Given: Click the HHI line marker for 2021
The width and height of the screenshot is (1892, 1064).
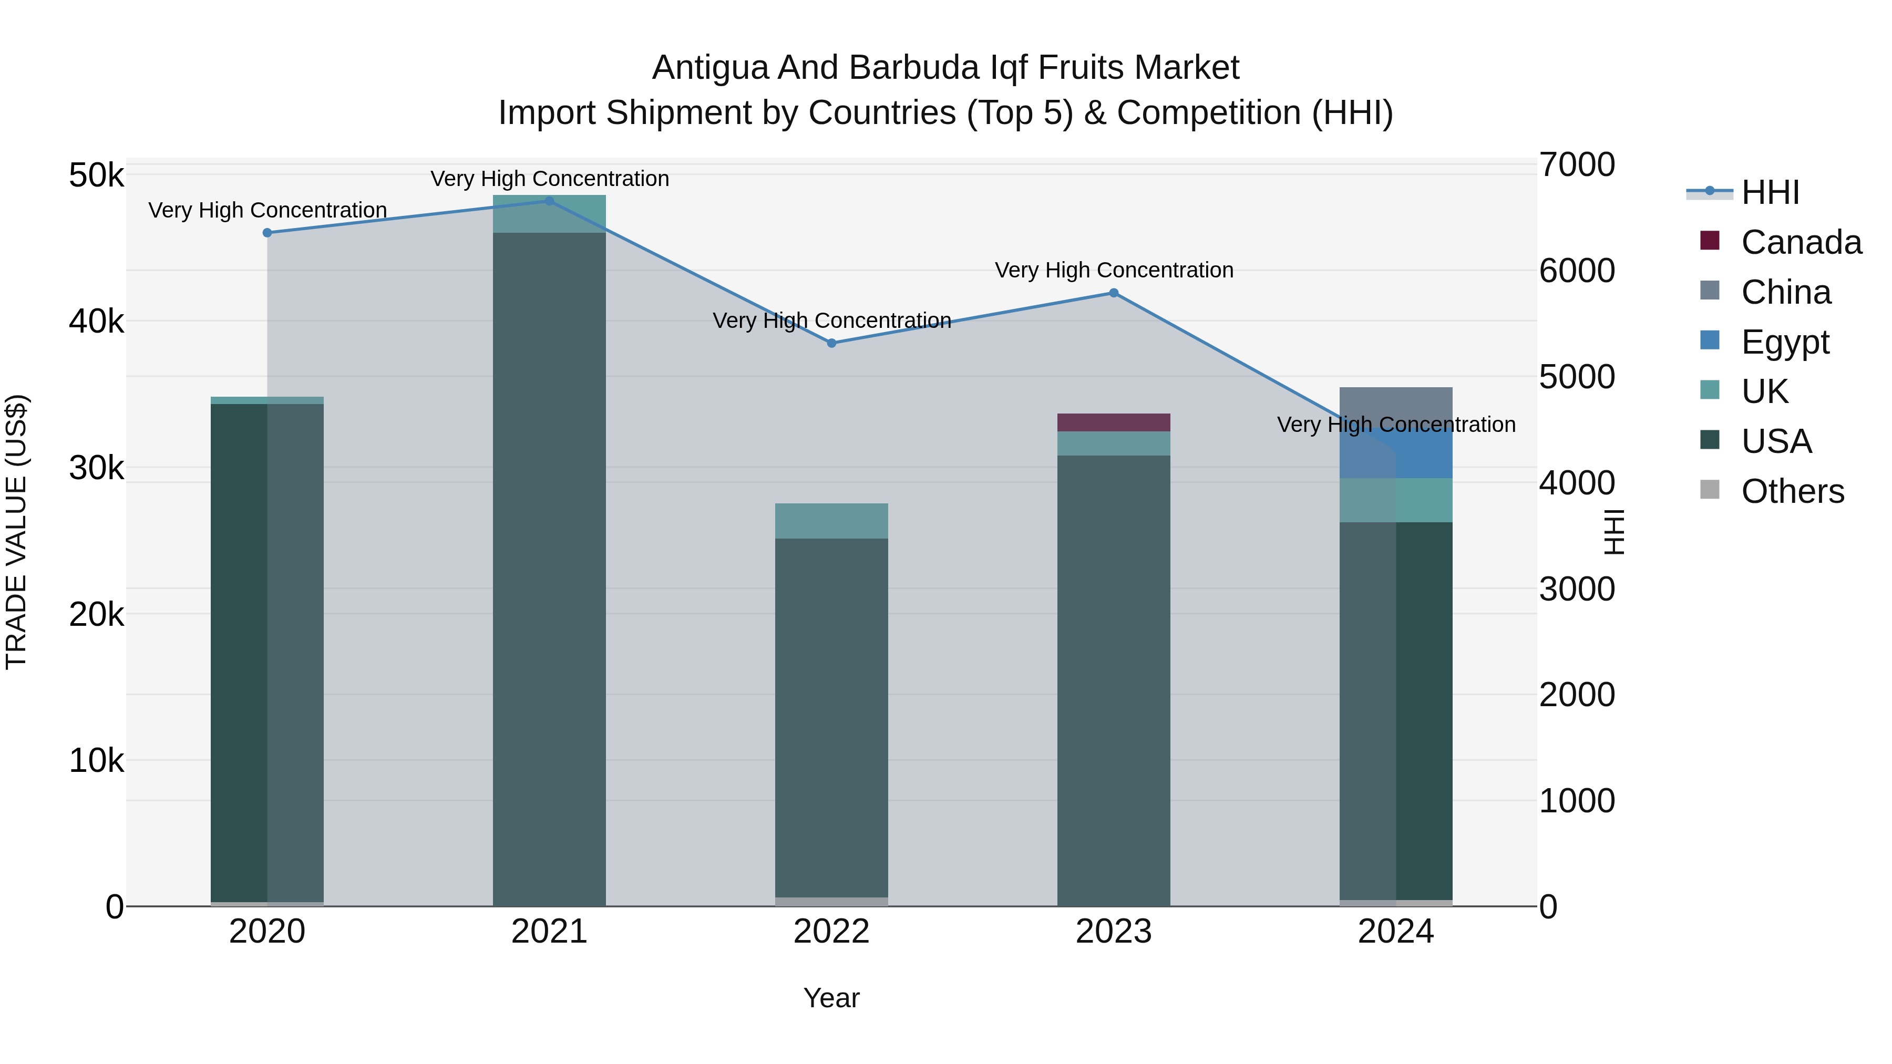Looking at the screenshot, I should [549, 201].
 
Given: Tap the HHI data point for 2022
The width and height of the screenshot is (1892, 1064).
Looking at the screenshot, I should [831, 343].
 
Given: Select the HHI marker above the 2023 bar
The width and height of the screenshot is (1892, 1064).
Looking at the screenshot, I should [1114, 293].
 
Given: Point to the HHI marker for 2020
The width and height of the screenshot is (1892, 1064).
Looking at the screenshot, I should [268, 233].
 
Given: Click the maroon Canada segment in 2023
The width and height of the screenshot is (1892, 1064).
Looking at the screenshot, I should [1114, 422].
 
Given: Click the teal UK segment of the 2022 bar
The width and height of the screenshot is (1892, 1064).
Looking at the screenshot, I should [831, 521].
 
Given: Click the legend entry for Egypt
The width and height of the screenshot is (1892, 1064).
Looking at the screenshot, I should [1785, 342].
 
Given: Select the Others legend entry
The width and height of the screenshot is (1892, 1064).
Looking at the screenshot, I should [1792, 491].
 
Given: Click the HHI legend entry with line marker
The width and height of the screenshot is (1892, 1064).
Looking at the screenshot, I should [1770, 192].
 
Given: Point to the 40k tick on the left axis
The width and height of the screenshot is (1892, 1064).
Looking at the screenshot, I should [96, 322].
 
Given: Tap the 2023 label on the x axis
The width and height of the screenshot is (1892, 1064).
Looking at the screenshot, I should [1114, 932].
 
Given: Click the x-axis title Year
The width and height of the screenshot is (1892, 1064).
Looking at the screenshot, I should [831, 998].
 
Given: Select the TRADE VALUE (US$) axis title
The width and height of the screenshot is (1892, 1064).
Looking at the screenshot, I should [16, 532].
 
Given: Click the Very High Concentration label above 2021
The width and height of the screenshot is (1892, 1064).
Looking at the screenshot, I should [549, 179].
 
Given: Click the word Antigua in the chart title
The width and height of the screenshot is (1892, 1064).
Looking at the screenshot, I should [709, 68].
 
